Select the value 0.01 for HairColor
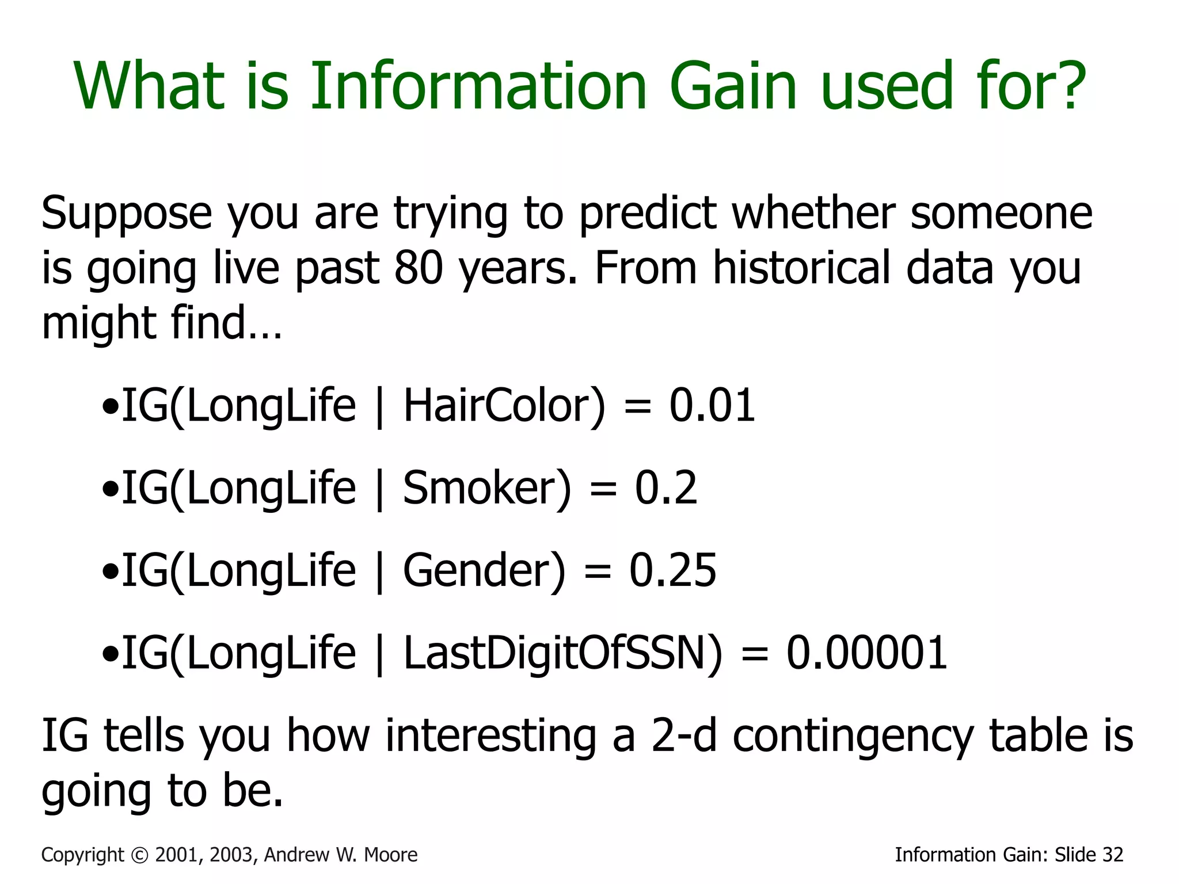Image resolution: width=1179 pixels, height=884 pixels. [x=712, y=406]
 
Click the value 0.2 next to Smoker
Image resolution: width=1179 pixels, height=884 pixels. [x=666, y=488]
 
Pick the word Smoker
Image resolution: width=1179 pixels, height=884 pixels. [x=487, y=488]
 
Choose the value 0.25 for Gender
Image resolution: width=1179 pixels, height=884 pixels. [x=672, y=570]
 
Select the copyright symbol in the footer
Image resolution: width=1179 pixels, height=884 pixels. [x=139, y=855]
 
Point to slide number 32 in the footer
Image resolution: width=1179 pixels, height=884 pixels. [x=1113, y=855]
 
